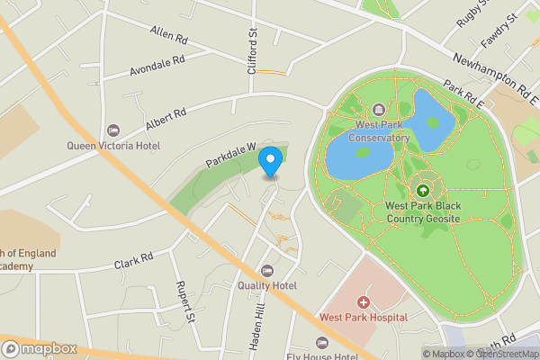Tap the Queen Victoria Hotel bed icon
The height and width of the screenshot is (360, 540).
pyautogui.click(x=112, y=131)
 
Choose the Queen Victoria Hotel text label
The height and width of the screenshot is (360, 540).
pyautogui.click(x=113, y=145)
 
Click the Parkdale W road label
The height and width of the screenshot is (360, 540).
pyautogui.click(x=230, y=155)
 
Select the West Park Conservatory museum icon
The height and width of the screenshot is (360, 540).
pyautogui.click(x=377, y=110)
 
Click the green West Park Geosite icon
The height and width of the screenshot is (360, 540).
pyautogui.click(x=422, y=190)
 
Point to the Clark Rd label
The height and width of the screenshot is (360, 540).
pyautogui.click(x=134, y=261)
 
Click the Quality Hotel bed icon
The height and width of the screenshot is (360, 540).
pyautogui.click(x=266, y=271)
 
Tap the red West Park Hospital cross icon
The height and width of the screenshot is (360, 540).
pyautogui.click(x=364, y=303)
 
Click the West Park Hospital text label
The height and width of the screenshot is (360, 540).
pyautogui.click(x=364, y=318)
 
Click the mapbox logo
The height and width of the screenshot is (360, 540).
pyautogui.click(x=40, y=348)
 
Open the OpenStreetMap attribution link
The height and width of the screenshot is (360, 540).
pyautogui.click(x=501, y=354)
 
